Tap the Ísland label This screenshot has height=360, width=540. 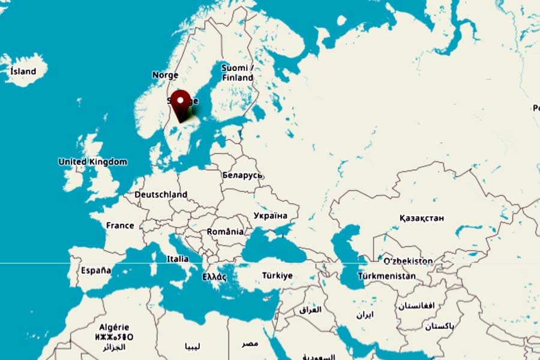(23, 71)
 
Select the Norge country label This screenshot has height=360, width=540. (165, 75)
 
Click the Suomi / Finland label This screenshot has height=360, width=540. (238, 73)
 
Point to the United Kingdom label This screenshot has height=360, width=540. (92, 162)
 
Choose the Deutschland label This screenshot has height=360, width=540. (161, 194)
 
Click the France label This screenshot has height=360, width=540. (120, 226)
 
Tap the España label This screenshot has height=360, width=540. (96, 271)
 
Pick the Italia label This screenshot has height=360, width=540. (178, 259)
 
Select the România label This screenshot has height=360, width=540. (225, 232)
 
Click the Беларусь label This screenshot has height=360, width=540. (242, 175)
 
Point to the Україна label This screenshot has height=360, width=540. (270, 215)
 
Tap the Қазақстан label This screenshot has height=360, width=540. (422, 218)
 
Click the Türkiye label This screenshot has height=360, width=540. (277, 276)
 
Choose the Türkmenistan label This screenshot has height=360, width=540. (386, 276)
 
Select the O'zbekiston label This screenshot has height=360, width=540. (408, 261)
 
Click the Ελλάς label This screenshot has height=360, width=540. (214, 277)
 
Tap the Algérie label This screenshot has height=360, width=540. (113, 327)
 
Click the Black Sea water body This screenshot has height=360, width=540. (276, 246)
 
